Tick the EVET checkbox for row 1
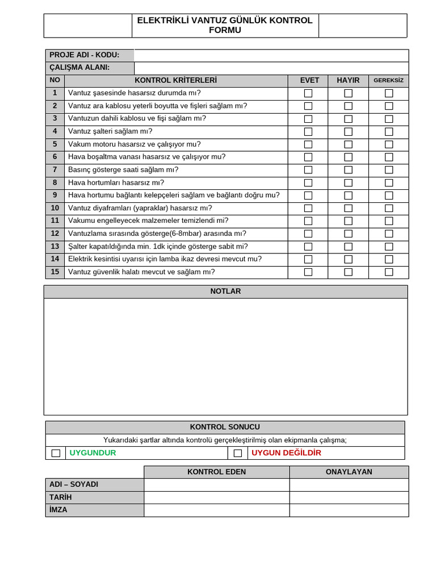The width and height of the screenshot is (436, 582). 308,93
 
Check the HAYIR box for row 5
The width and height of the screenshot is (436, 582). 348,144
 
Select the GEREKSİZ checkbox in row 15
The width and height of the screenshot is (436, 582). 389,272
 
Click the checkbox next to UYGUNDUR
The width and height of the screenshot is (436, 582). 56,453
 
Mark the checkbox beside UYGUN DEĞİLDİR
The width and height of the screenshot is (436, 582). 238,453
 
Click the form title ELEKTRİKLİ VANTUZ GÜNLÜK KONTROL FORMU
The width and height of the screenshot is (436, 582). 225,25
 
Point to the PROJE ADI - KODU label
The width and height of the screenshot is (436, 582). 85,55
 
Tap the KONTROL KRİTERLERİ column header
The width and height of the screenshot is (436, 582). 175,81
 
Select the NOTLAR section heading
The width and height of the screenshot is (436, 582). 225,292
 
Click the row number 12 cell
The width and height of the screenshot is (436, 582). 55,234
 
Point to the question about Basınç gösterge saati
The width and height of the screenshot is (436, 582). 123,170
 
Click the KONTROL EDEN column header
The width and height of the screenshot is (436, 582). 216,472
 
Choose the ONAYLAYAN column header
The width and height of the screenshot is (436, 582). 349,472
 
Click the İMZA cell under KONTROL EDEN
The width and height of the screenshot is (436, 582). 216,510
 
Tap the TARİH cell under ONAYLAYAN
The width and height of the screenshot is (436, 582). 349,497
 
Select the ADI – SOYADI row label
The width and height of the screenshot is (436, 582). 74,484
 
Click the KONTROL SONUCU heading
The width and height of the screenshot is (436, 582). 225,427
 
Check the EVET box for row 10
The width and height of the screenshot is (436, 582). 308,208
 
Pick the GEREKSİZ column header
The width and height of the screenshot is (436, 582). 388,81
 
